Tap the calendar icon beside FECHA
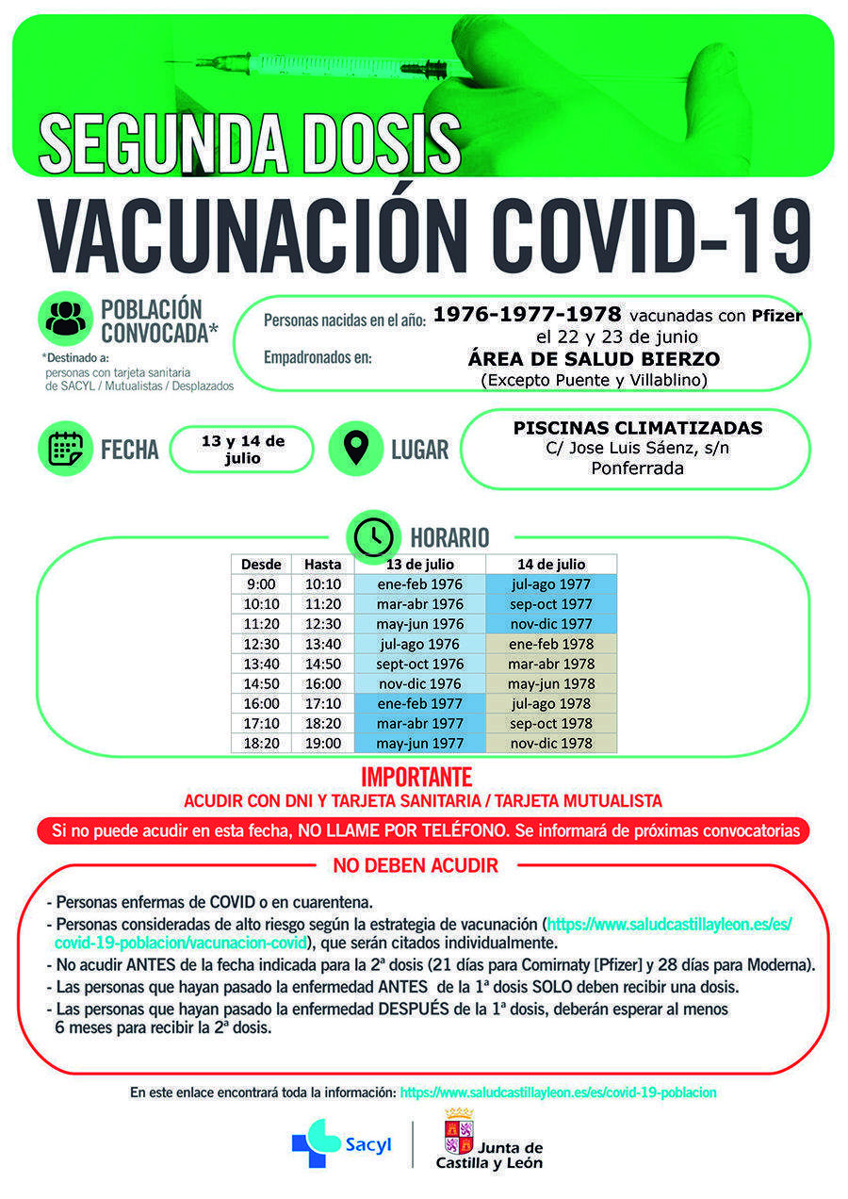(x=65, y=449)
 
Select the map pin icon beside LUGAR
(x=355, y=449)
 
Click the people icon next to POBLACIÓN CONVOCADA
(x=65, y=319)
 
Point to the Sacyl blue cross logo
(x=316, y=1143)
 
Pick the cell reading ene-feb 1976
(x=420, y=584)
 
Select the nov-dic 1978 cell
(x=550, y=743)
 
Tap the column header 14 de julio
(x=550, y=564)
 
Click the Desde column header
(x=261, y=564)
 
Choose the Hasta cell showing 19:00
(x=322, y=743)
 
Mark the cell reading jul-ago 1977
(x=550, y=584)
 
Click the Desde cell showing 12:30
(x=261, y=644)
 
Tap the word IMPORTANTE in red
(x=416, y=778)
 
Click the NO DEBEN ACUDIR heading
(x=416, y=865)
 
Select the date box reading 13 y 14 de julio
(x=242, y=449)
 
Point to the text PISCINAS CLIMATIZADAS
(x=637, y=428)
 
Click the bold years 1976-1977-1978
(x=527, y=314)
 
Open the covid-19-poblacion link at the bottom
(x=558, y=1092)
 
